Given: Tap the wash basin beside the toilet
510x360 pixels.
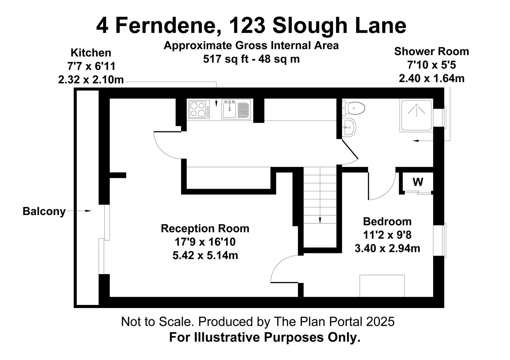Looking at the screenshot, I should [349, 127].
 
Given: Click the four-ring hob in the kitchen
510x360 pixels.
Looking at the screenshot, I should [197, 109].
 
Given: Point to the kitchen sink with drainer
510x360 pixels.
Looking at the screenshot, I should [236, 109].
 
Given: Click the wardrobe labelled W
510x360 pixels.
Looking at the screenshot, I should [418, 182].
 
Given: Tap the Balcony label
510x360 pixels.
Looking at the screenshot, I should [44, 211].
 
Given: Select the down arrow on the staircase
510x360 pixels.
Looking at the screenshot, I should [320, 220].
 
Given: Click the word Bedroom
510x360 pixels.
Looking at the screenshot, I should [387, 221].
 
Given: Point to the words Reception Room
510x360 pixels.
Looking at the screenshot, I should [205, 229].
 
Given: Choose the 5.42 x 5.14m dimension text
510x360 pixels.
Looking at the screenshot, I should [205, 256].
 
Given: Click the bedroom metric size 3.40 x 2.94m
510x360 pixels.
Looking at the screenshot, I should [387, 249].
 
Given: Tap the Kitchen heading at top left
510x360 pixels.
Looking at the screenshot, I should [91, 53].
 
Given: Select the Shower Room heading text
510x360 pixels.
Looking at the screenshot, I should [431, 52].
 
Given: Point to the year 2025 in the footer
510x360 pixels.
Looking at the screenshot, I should [380, 322].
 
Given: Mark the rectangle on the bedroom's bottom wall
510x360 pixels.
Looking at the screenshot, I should [382, 286].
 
